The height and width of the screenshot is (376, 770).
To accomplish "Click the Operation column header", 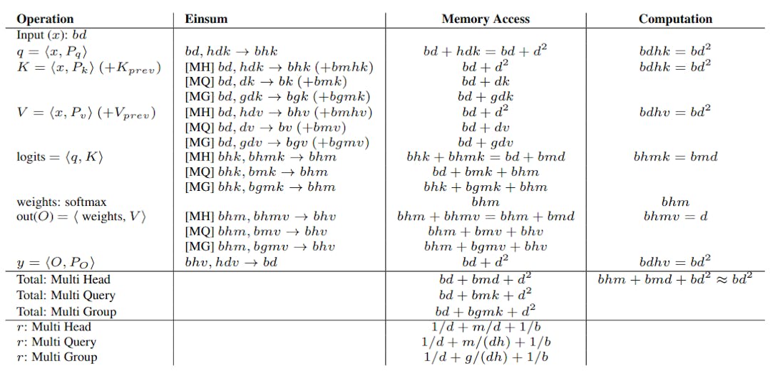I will coord(45,19).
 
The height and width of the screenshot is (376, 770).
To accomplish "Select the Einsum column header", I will coord(207,19).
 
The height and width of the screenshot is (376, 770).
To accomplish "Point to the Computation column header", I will coord(674,19).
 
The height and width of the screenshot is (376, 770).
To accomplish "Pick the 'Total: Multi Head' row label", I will coord(63,280).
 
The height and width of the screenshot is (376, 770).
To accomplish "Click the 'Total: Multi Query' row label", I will coord(66,296).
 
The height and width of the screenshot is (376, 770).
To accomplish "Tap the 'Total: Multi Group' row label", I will coord(66,311).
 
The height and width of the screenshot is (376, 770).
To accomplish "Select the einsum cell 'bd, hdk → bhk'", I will coord(231,51).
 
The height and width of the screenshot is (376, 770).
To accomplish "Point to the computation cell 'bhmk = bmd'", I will coord(675,157).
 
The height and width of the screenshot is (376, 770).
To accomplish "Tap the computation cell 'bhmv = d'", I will coord(675,216).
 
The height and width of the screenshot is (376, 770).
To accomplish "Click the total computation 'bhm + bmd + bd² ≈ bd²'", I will coord(675,279).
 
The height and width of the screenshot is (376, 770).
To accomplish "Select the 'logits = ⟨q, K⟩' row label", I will coord(60,157).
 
